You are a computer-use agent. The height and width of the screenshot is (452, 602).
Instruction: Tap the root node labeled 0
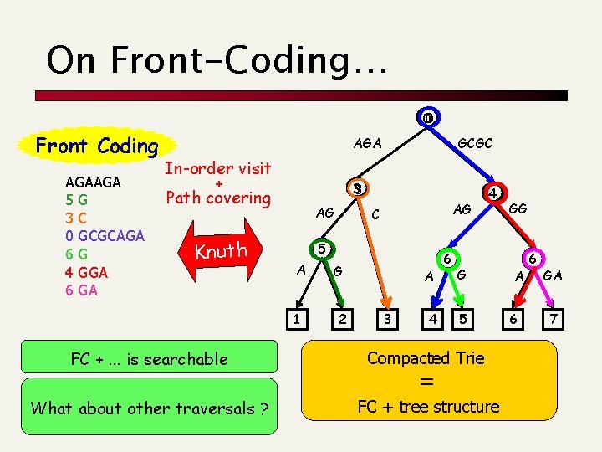coord(428,117)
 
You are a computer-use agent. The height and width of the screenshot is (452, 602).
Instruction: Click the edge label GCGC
coord(475,143)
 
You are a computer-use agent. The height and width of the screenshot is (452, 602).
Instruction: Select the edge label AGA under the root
coord(368,143)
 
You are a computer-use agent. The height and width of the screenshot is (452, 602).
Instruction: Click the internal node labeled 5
coord(320,249)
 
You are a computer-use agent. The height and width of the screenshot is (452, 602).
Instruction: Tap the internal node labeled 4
coord(495,192)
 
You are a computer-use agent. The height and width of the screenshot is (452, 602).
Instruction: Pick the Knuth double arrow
coord(221,251)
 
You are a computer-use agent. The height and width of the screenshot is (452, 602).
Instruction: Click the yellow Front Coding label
coord(97,146)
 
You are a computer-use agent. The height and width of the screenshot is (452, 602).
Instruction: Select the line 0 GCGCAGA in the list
coord(105,235)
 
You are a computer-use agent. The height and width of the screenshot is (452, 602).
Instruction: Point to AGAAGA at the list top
coord(93,182)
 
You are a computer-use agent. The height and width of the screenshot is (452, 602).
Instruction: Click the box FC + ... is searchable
coord(149,359)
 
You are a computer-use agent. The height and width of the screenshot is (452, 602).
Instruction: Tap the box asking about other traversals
coord(149,408)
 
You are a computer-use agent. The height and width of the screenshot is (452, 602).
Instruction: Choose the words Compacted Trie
coord(426,358)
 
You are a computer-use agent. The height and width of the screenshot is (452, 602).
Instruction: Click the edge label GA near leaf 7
coord(553,275)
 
